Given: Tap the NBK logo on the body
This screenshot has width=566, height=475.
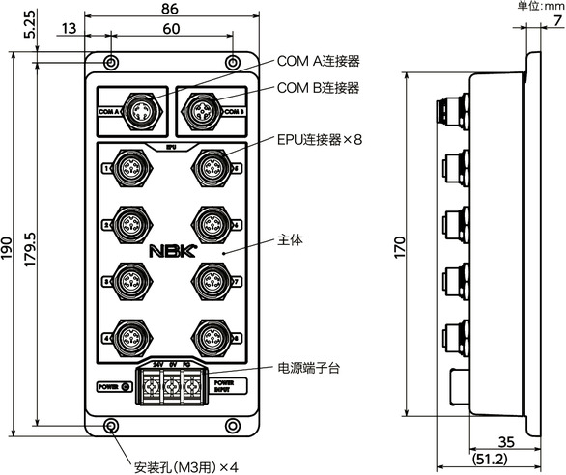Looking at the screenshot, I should [x=170, y=249].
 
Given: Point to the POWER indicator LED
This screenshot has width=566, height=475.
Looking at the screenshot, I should [x=127, y=386].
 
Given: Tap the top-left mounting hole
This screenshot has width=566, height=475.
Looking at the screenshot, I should [x=112, y=63].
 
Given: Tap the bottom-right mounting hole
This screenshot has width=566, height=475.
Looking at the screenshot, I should [x=232, y=426].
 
